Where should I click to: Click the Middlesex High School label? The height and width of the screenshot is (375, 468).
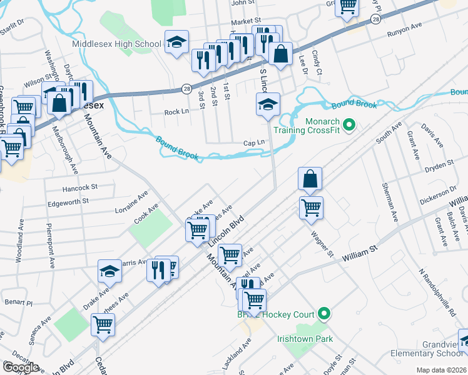pos(116,44)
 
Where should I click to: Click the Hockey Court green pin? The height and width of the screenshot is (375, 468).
pos(324,313)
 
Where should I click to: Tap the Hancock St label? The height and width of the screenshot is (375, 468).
pos(80,187)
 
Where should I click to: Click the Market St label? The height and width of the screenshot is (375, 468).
pos(245,22)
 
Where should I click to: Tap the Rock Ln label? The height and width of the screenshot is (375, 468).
pos(176,112)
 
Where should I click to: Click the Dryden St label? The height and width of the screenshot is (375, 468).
pos(439,166)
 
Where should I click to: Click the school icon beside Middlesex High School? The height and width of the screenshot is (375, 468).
pos(176,42)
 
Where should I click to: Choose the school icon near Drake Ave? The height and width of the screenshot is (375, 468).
pos(109,271)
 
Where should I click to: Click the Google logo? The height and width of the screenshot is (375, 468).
pos(20,367)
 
